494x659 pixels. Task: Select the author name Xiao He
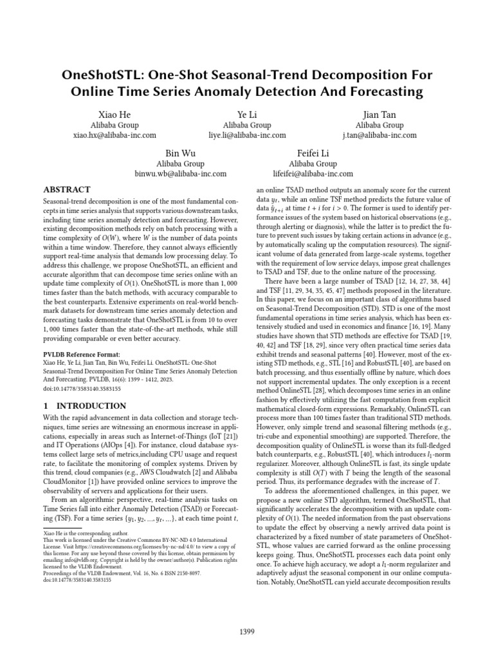114,113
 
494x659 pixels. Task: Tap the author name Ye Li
246,113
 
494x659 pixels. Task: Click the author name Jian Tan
380,113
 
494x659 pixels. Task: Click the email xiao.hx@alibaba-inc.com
114,136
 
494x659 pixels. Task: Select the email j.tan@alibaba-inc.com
380,136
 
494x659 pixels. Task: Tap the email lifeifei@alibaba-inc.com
313,174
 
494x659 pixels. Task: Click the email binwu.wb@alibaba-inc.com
180,174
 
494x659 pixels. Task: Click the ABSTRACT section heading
67,190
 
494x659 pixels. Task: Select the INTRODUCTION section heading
84,406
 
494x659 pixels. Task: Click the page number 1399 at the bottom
246,614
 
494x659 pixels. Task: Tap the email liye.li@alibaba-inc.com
247,136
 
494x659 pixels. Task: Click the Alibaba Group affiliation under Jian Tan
380,125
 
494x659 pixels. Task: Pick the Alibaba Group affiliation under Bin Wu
180,163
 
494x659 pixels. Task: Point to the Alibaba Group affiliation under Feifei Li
314,163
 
